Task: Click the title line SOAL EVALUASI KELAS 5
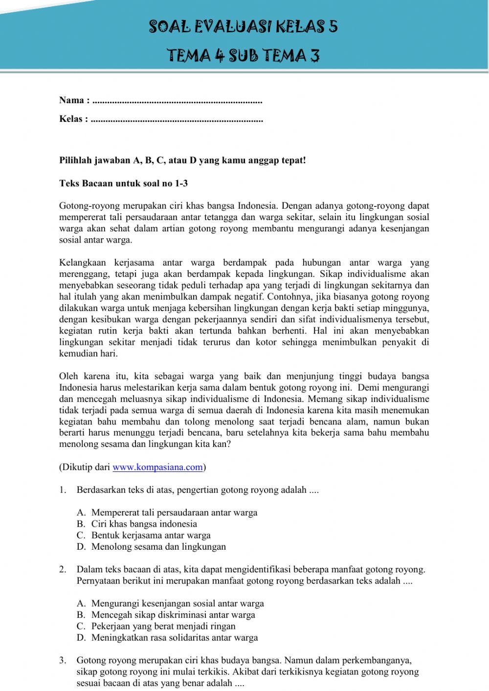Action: click(243, 26)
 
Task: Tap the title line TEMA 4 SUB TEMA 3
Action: click(243, 55)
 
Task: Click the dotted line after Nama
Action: click(177, 101)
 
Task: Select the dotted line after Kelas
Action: click(177, 119)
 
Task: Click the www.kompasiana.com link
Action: click(157, 467)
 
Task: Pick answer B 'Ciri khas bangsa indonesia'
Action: click(144, 524)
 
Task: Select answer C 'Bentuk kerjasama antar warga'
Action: click(151, 535)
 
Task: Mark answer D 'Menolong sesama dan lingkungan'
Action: click(158, 547)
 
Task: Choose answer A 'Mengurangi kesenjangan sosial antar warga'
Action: click(178, 603)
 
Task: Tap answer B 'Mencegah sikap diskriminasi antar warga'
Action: click(173, 615)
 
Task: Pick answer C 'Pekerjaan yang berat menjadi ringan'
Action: click(163, 626)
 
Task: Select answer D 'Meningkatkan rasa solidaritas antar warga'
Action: click(175, 638)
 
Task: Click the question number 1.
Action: click(63, 490)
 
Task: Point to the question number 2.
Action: click(63, 569)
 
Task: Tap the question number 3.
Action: click(63, 660)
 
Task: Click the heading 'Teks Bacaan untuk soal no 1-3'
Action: click(123, 184)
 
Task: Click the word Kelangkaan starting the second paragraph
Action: click(83, 263)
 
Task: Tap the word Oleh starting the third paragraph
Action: click(68, 376)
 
